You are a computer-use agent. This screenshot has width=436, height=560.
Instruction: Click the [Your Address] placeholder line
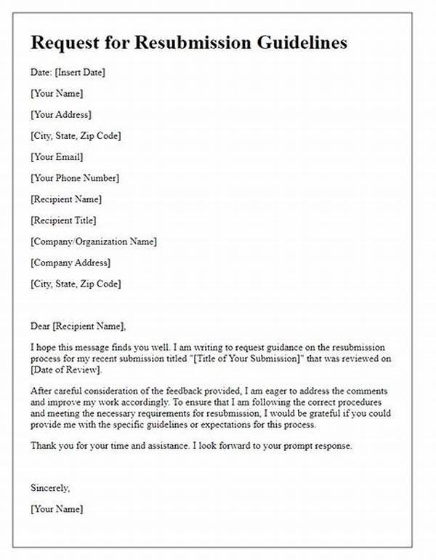[60, 114]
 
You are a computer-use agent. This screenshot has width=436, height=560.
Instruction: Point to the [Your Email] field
[57, 156]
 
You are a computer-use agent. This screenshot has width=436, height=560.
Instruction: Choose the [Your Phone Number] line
[75, 177]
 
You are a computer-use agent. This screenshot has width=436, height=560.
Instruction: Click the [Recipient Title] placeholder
[63, 220]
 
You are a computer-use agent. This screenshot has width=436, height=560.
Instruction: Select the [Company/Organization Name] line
[94, 241]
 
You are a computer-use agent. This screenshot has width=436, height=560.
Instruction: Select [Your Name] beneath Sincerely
[57, 509]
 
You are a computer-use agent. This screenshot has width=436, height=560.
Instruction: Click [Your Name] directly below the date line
[57, 93]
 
